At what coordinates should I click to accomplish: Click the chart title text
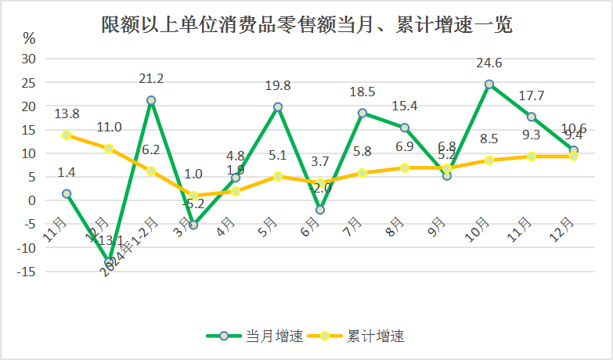(306, 25)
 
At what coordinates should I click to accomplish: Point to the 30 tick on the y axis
(29, 59)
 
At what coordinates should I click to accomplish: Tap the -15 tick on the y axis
(27, 272)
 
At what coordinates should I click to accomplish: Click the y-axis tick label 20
(29, 106)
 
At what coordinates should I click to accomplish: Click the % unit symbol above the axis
(29, 38)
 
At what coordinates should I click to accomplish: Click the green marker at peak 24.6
(489, 84)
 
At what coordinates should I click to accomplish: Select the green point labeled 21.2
(151, 100)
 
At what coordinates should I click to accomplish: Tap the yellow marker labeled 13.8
(67, 135)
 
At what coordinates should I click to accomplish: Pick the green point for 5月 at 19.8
(278, 106)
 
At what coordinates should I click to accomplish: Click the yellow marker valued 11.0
(109, 149)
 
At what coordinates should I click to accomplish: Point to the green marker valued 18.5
(362, 113)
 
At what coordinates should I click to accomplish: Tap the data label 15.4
(404, 106)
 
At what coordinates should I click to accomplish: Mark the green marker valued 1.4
(67, 193)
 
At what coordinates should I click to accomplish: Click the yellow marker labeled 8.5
(489, 160)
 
